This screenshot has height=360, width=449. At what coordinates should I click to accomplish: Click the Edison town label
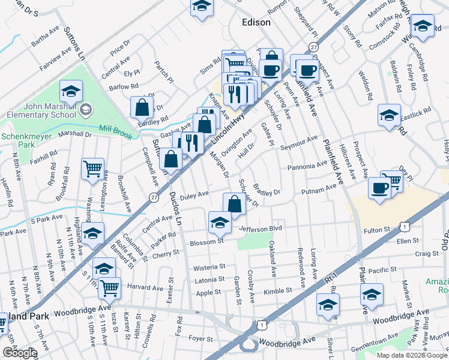click(x=256, y=22)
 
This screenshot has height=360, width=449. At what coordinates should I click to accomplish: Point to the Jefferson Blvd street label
click(x=260, y=229)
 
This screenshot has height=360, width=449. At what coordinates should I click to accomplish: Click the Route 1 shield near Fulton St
click(x=406, y=226)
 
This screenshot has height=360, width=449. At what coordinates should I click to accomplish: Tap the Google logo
click(x=19, y=353)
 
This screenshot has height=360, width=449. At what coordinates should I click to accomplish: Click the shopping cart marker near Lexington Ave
click(x=93, y=169)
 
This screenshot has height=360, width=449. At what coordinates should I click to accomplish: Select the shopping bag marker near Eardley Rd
click(x=142, y=107)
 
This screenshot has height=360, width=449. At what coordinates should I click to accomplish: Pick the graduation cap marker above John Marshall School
click(x=71, y=91)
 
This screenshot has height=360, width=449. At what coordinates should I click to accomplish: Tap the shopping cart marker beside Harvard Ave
click(x=109, y=287)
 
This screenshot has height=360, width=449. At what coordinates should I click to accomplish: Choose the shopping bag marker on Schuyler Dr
click(x=234, y=203)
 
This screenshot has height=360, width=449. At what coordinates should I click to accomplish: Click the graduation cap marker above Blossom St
click(x=220, y=223)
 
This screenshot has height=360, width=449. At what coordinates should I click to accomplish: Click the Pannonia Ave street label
click(x=306, y=166)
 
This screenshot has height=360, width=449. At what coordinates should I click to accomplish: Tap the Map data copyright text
click(x=412, y=355)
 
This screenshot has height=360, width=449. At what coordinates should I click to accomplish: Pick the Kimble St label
click(x=277, y=290)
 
